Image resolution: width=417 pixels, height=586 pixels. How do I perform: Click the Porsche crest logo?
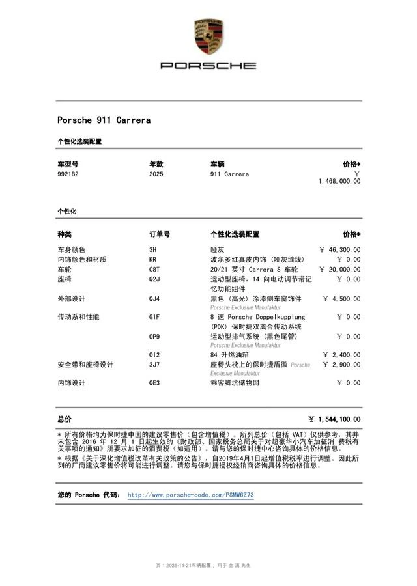pyautogui.click(x=208, y=37)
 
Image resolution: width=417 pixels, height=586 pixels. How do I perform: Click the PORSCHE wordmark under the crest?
pyautogui.click(x=208, y=66)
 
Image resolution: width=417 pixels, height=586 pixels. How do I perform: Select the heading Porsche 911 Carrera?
pyautogui.click(x=104, y=120)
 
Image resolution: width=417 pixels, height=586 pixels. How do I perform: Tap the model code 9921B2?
pyautogui.click(x=68, y=174)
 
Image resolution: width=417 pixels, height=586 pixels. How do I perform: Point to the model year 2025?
pyautogui.click(x=156, y=174)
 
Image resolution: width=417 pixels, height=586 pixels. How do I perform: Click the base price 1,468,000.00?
pyautogui.click(x=339, y=181)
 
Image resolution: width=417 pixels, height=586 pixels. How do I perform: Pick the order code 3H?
pyautogui.click(x=153, y=249)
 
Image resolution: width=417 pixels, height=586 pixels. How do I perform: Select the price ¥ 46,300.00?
pyautogui.click(x=339, y=249)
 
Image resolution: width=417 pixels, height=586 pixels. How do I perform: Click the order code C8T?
pyautogui.click(x=154, y=269)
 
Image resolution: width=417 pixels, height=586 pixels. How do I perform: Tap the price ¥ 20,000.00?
pyautogui.click(x=339, y=269)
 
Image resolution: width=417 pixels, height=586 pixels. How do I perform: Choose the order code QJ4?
pyautogui.click(x=154, y=299)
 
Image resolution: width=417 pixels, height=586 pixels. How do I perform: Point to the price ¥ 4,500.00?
pyautogui.click(x=341, y=299)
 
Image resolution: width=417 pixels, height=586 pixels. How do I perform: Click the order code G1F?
pyautogui.click(x=154, y=317)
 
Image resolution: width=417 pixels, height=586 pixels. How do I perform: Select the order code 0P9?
pyautogui.click(x=154, y=337)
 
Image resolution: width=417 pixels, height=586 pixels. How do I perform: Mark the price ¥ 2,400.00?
pyautogui.click(x=341, y=355)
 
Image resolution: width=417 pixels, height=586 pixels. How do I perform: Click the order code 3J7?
pyautogui.click(x=154, y=365)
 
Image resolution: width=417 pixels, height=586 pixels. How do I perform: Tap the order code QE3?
pyautogui.click(x=154, y=383)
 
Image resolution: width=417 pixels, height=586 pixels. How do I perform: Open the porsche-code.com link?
pyautogui.click(x=190, y=495)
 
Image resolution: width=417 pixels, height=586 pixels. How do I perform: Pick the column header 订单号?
pyautogui.click(x=160, y=234)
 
